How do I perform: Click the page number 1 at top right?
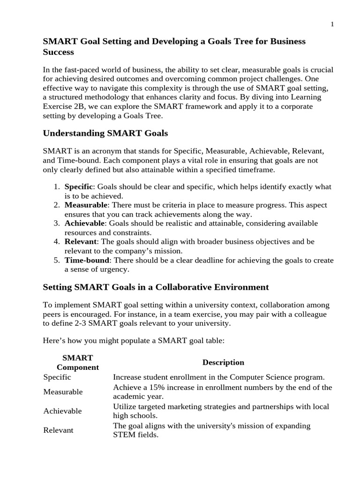[332, 25]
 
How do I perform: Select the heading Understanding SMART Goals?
[105, 133]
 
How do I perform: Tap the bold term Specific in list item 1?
[78, 187]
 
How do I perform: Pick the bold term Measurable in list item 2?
[86, 205]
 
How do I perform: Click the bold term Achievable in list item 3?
[84, 223]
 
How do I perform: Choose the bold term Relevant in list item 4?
[80, 241]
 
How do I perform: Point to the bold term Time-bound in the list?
[87, 260]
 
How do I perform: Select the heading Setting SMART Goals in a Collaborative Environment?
[156, 287]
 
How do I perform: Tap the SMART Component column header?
[78, 362]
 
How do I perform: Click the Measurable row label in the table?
[63, 391]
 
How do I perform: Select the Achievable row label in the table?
[62, 411]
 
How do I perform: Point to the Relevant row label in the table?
[58, 430]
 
